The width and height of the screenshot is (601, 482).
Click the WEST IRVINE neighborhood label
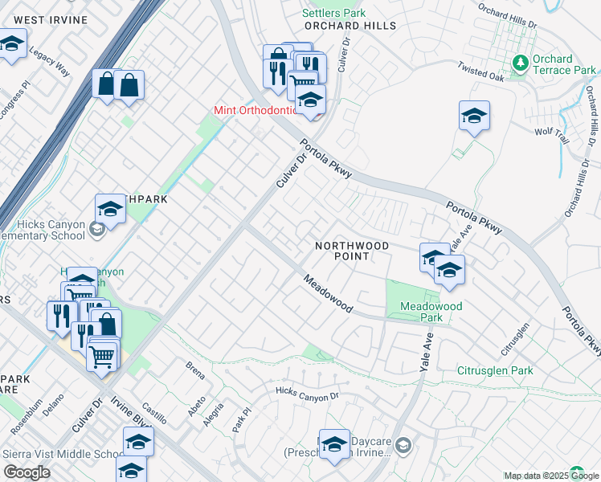coord(41,19)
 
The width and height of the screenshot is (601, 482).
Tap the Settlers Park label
coord(333,13)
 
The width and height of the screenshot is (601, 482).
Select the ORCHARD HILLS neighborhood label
coord(350,26)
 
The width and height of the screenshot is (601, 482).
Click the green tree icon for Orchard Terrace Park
coord(521,61)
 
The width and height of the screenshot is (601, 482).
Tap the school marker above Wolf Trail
coord(474,116)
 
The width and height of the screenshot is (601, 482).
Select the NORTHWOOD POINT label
coord(352,251)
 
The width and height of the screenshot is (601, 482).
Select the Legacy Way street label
coord(51,64)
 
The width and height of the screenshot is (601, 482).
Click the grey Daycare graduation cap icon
coord(403,445)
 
